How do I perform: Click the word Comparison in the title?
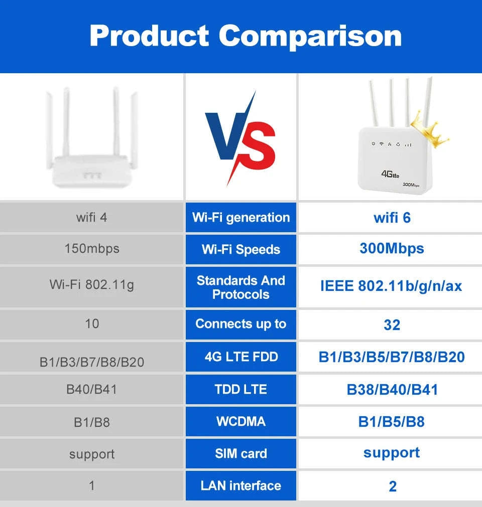click(x=310, y=36)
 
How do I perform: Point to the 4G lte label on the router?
click(x=390, y=174)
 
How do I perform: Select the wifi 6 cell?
click(x=392, y=218)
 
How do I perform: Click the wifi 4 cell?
click(x=92, y=218)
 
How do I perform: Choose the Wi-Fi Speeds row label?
click(x=241, y=249)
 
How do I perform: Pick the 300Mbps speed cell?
click(x=392, y=248)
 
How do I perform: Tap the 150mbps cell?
click(x=92, y=248)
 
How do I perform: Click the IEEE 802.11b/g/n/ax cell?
click(x=391, y=286)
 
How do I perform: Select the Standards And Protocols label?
click(x=241, y=287)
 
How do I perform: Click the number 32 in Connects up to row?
click(x=392, y=325)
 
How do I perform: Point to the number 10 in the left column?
click(x=92, y=324)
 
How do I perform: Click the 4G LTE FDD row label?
click(x=241, y=357)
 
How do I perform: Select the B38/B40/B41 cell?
click(x=392, y=390)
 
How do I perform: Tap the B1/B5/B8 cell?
click(x=392, y=422)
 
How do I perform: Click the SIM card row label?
click(x=241, y=453)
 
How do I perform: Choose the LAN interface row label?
click(x=241, y=485)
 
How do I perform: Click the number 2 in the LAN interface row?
click(x=393, y=486)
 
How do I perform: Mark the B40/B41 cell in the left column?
click(x=92, y=389)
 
